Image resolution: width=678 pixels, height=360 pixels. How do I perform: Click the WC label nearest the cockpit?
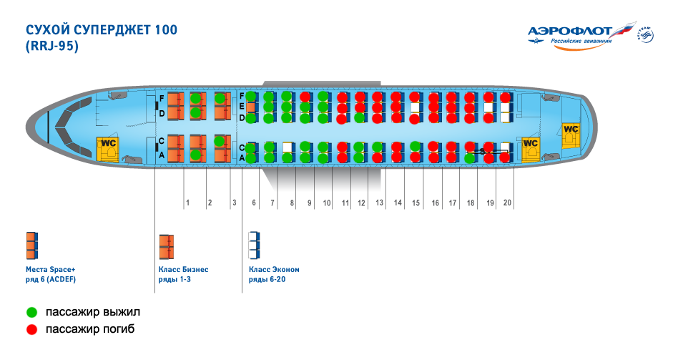tap(107, 142)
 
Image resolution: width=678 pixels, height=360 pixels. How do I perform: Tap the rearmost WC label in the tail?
tap(571, 129)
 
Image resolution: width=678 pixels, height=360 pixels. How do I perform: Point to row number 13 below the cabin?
tap(380, 203)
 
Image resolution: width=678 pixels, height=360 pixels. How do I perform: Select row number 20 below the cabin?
tap(507, 203)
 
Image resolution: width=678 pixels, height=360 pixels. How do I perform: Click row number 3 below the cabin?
tap(233, 203)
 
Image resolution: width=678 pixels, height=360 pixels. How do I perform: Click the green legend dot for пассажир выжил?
tap(31, 313)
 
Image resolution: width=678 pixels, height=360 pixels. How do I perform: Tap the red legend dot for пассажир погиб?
tap(31, 329)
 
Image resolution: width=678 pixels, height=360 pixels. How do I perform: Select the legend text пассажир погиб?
tap(89, 329)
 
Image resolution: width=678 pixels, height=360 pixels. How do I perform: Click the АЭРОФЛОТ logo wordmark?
tap(569, 31)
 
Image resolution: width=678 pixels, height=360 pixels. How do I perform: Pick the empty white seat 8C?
tap(288, 147)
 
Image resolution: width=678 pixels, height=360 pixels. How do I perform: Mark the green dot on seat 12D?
tap(360, 117)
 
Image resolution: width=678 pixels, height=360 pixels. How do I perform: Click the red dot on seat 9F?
tap(305, 96)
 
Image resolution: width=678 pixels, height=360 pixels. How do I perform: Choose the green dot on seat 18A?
tap(470, 157)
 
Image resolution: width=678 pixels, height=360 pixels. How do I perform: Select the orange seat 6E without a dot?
tap(251, 107)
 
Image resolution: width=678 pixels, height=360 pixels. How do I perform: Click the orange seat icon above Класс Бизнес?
tap(166, 245)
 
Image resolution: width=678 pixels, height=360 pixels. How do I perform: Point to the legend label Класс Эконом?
tap(274, 270)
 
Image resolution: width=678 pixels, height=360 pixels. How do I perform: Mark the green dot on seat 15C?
tap(415, 146)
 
